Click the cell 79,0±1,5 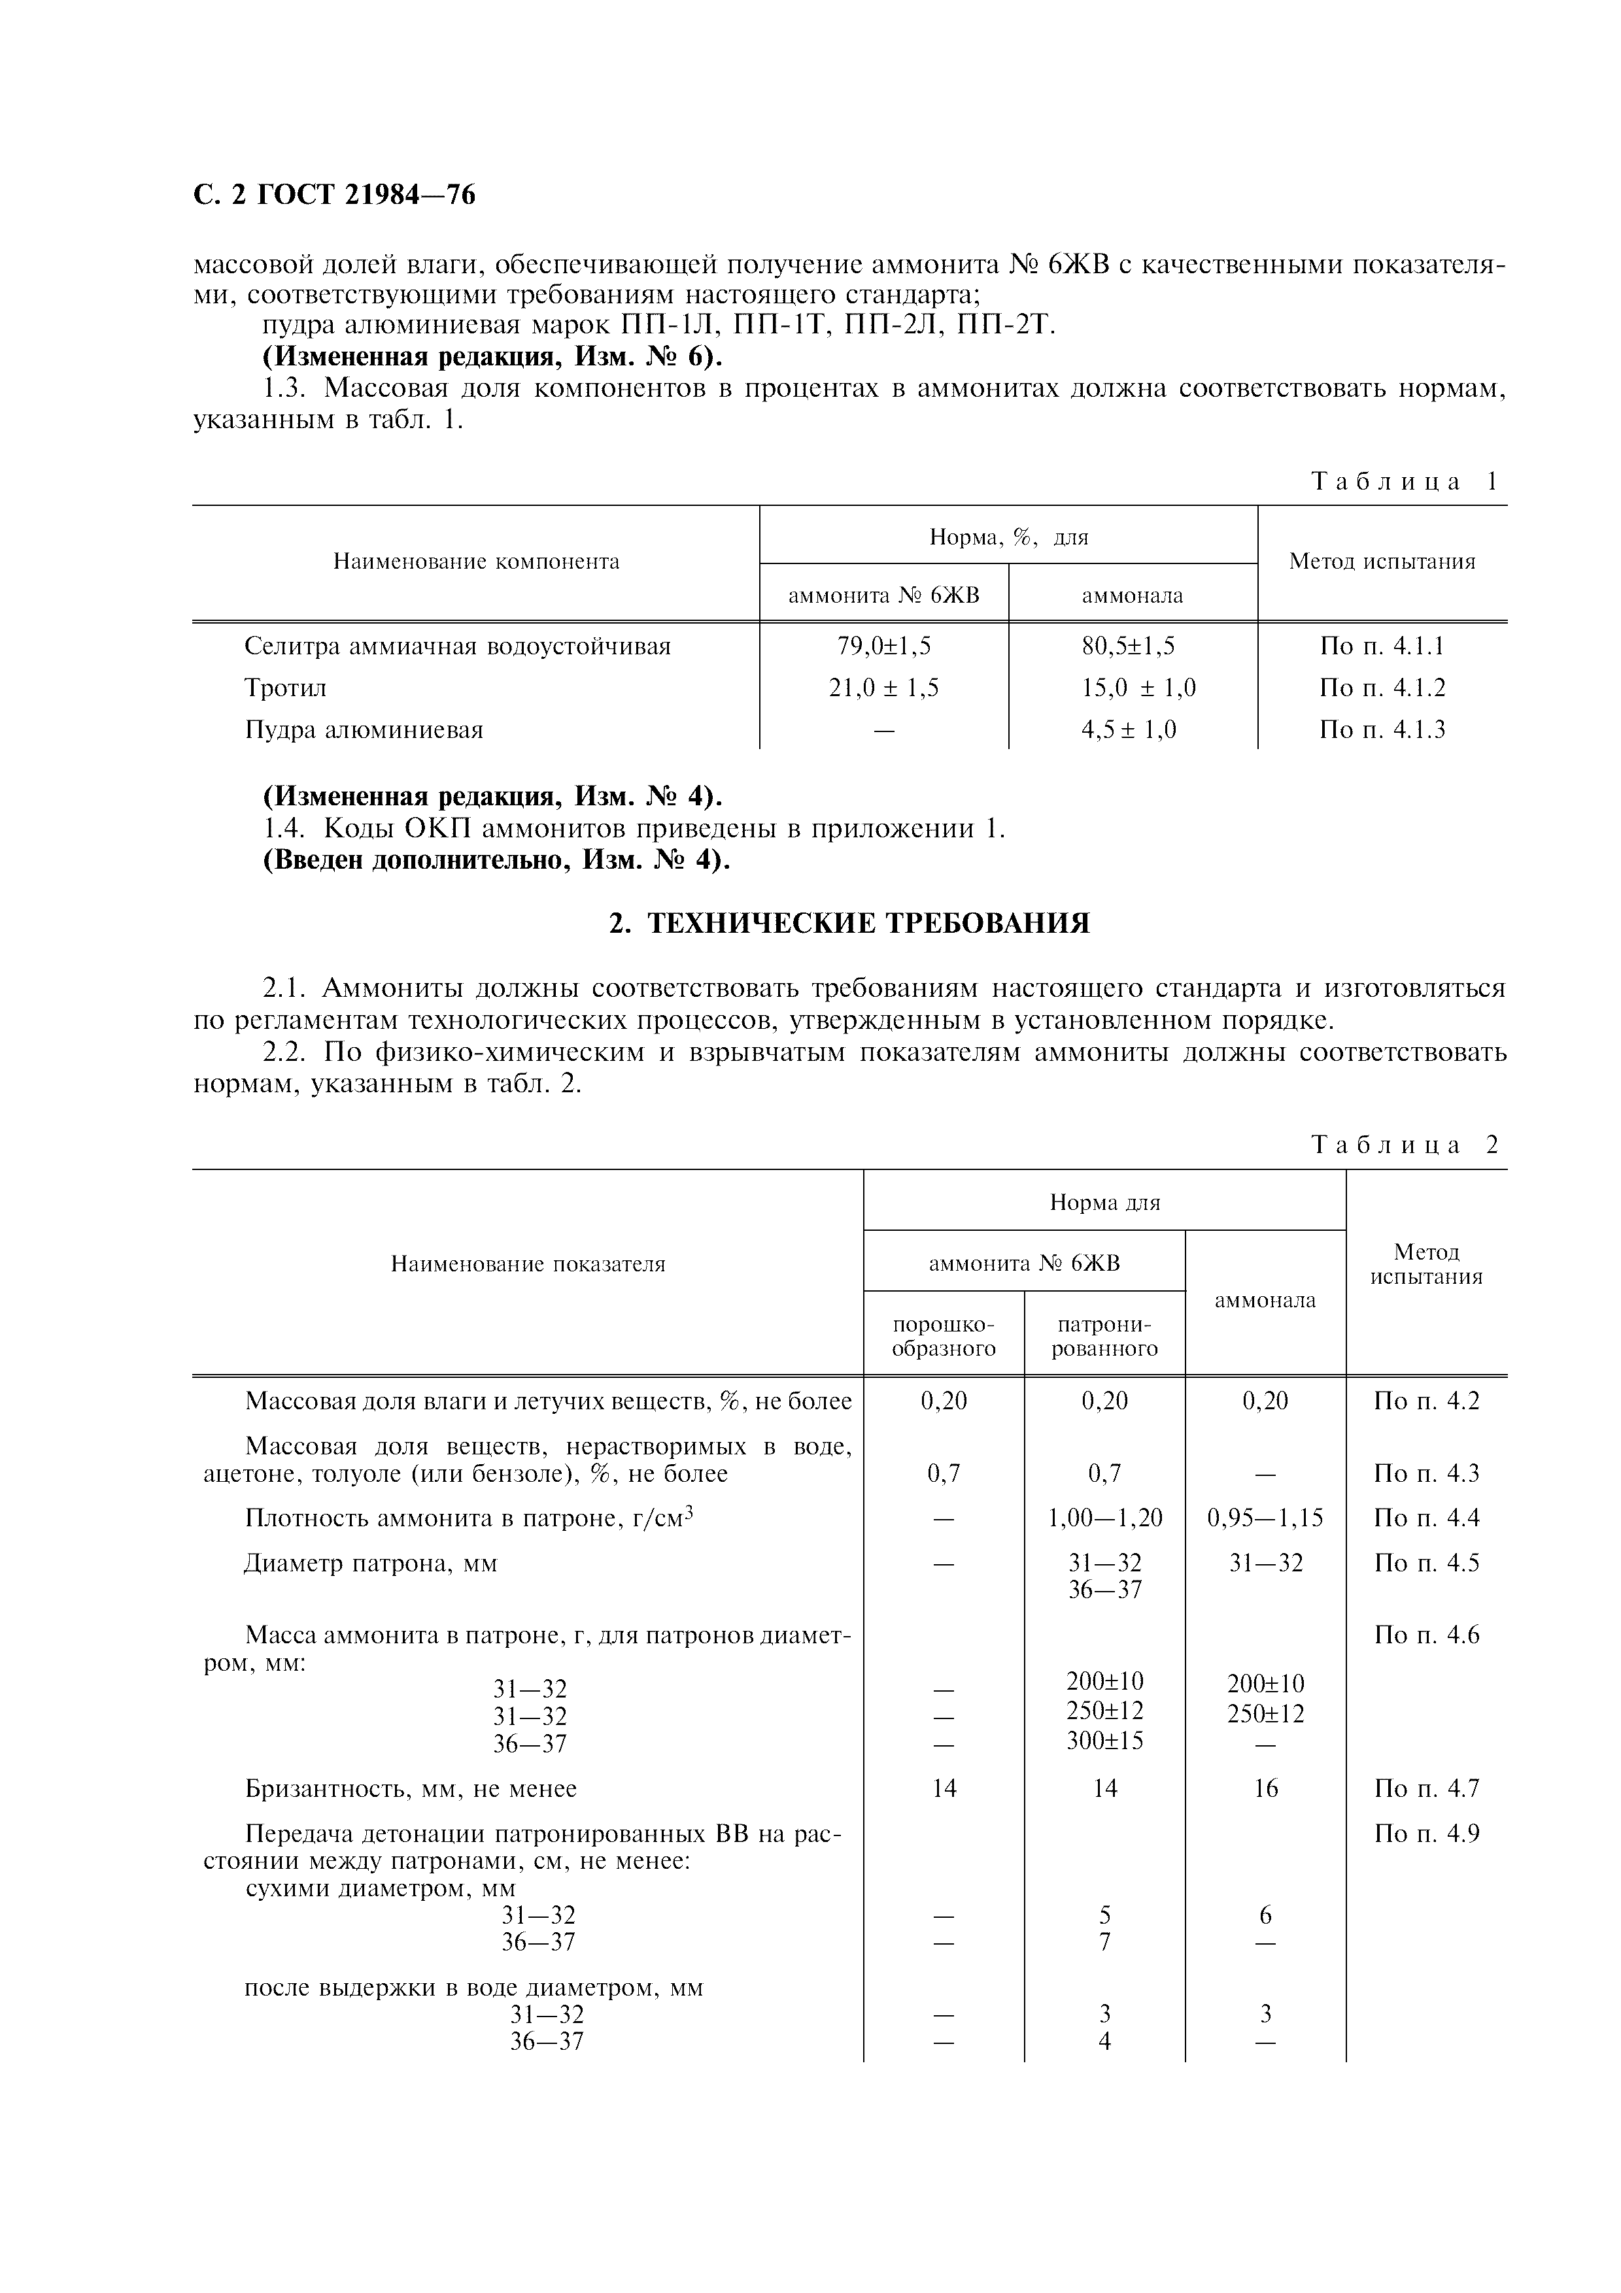coord(884,646)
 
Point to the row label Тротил coord(286,688)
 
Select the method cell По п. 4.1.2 coord(1382,688)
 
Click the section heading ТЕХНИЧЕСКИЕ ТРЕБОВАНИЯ coord(850,923)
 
